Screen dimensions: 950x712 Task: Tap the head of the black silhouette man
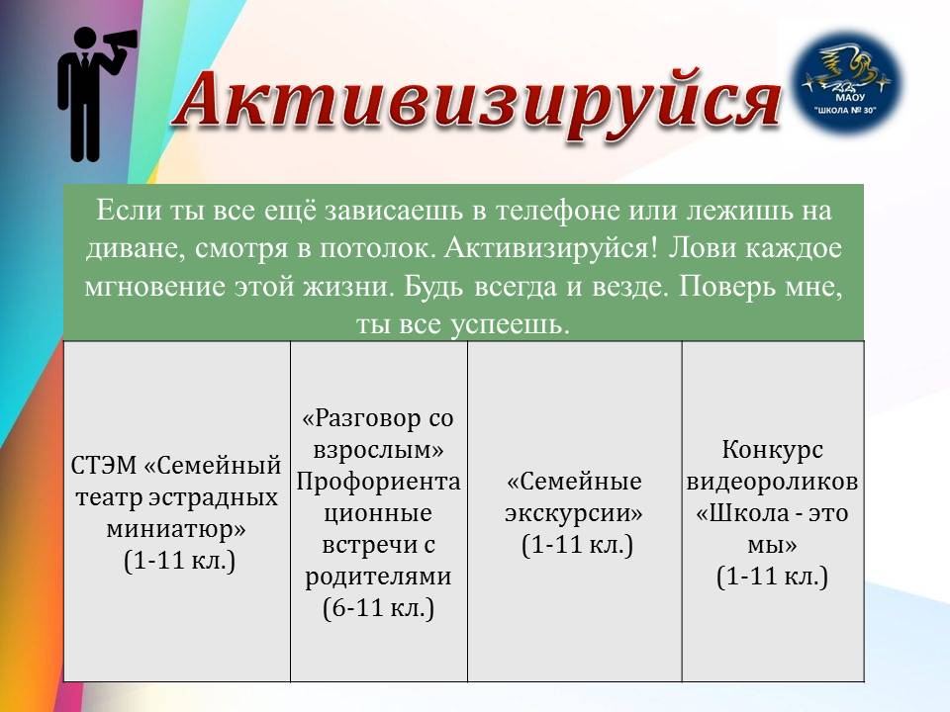point(85,39)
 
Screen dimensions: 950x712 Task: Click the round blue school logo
point(846,83)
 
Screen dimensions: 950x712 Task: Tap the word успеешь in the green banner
point(511,325)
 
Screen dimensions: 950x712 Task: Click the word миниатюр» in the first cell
point(176,528)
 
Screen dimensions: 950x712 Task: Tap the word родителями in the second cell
point(378,576)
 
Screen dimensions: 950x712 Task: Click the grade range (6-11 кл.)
point(379,608)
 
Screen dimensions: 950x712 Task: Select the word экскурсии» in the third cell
point(574,513)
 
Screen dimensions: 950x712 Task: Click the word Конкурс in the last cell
point(773,450)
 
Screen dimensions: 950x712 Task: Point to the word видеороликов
point(772,482)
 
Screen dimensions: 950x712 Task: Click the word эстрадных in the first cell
point(214,497)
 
